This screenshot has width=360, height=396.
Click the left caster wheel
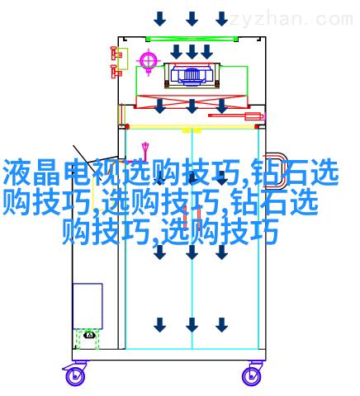tap(74, 375)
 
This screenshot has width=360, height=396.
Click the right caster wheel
tap(252, 376)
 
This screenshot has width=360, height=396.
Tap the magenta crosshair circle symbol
tap(149, 60)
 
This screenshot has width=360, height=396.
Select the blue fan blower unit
tap(192, 74)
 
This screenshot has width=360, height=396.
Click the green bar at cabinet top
tap(192, 39)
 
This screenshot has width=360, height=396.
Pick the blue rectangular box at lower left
tap(88, 306)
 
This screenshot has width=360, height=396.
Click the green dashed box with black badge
tap(88, 339)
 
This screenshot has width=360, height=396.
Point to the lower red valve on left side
tap(116, 72)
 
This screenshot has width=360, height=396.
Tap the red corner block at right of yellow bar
tap(258, 127)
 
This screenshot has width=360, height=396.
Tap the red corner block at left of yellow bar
tap(127, 127)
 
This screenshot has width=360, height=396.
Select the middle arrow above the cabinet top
tap(192, 19)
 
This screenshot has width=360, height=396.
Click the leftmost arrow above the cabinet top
tap(160, 19)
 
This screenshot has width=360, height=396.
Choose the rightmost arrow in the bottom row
tap(221, 325)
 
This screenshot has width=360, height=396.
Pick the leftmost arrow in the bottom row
tap(160, 325)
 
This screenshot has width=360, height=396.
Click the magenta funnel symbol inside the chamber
tap(145, 151)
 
